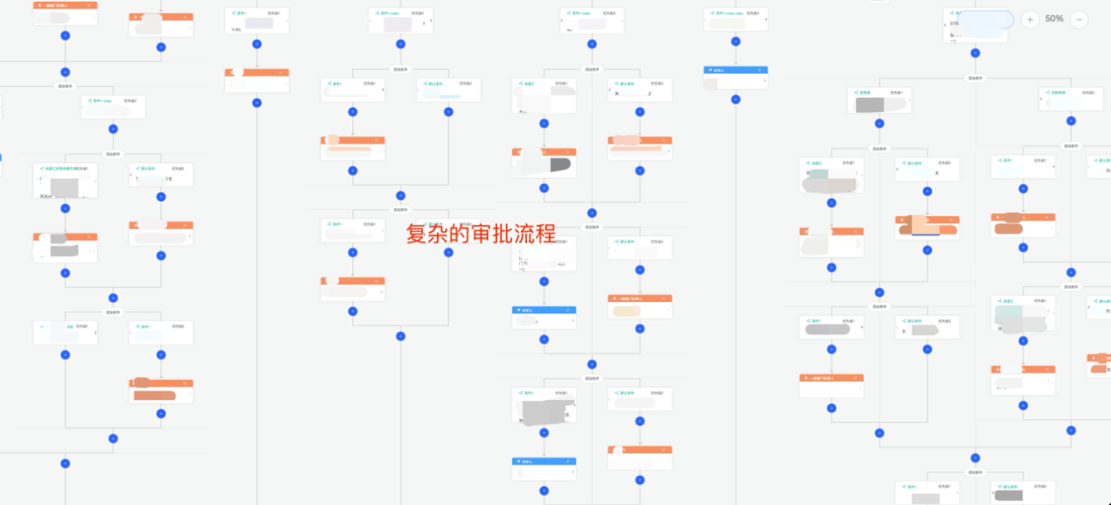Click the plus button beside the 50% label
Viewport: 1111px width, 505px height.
click(1030, 19)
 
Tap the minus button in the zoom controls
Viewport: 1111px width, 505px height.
click(1079, 19)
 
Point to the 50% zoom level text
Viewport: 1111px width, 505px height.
click(1054, 19)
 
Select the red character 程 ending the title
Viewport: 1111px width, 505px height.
click(546, 234)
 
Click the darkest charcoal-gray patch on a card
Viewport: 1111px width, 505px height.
click(560, 164)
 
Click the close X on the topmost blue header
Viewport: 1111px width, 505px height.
click(759, 70)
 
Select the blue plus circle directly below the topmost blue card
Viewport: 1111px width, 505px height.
click(736, 99)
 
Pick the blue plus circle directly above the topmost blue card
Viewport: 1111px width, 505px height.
click(736, 42)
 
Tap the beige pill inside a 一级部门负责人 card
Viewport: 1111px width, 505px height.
click(626, 311)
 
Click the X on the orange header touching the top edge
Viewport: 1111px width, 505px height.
click(89, 5)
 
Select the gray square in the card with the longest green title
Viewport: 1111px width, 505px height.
click(64, 187)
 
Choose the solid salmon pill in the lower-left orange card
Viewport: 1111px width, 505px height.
click(154, 396)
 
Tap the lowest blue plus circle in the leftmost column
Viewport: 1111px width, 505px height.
click(65, 463)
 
